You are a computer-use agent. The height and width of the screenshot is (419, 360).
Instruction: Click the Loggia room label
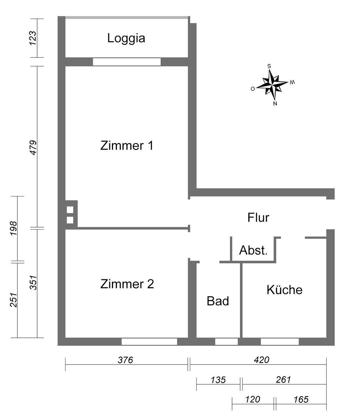pos(126,38)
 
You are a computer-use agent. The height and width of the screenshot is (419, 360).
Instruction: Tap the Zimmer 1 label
pos(127,145)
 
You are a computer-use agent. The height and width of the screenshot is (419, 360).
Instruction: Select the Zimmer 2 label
pos(127,284)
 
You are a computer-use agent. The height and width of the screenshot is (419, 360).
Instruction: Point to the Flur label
pos(258,218)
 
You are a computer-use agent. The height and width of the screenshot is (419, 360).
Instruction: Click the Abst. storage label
pos(253,250)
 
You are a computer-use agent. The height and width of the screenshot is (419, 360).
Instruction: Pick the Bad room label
pos(218,301)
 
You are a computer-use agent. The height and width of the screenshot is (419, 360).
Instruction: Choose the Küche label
pos(284,290)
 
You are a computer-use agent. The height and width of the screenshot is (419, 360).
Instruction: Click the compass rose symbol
pos(272,84)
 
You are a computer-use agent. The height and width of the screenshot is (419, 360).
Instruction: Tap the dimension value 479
pos(33,148)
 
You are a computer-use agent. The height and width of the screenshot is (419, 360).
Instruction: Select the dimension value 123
pos(33,38)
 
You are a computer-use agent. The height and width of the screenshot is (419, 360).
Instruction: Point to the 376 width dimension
pos(125,360)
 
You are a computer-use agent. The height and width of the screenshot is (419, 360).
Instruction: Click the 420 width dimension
pos(261,360)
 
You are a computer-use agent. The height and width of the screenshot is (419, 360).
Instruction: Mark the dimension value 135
pos(218,380)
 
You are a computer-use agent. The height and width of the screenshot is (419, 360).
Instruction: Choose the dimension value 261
pos(283,380)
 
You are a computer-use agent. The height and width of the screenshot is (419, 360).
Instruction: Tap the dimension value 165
pos(301,400)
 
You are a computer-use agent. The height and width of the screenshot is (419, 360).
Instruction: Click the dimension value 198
pos(13,228)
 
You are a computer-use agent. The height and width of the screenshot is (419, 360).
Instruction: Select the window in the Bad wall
pos(226,342)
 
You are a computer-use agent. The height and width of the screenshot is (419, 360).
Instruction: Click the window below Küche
pos(279,342)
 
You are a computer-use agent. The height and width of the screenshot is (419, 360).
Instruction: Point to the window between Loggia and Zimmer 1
pos(127,62)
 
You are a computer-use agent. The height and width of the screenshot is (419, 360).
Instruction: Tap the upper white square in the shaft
pos(70,210)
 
